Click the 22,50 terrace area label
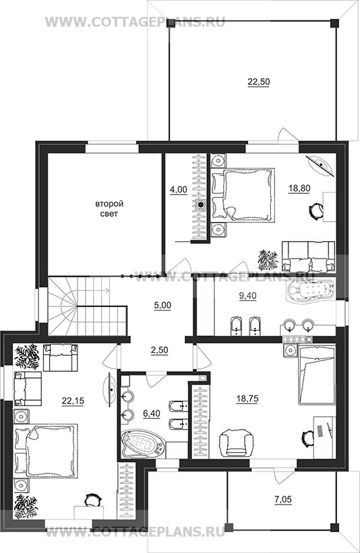(x=259, y=82)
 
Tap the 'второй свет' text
(x=109, y=209)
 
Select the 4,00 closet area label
(x=178, y=190)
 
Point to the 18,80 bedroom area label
(x=299, y=189)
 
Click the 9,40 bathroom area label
(x=248, y=296)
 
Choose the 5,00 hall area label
(x=162, y=305)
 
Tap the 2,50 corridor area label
(x=159, y=350)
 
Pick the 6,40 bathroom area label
(x=152, y=414)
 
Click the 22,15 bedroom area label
(x=73, y=400)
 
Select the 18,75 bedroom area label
(x=247, y=399)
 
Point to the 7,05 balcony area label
(x=283, y=499)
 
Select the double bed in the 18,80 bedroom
(x=243, y=195)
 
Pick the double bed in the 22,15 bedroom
(x=45, y=451)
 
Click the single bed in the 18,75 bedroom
(x=317, y=375)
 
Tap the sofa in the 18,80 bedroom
(x=309, y=257)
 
